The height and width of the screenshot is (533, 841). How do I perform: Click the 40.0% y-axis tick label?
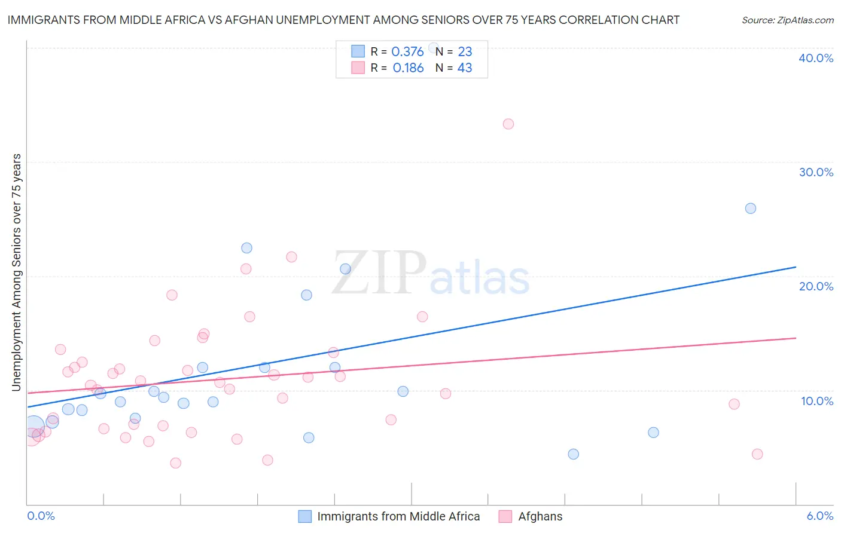tap(816, 58)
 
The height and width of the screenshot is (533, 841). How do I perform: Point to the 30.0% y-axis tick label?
tap(816, 172)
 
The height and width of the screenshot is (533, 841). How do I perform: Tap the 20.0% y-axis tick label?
tap(816, 286)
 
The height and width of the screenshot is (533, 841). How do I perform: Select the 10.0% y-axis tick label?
tap(817, 401)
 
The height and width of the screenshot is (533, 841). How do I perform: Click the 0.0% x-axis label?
tap(41, 516)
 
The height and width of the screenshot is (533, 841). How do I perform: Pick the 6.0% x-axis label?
tap(819, 516)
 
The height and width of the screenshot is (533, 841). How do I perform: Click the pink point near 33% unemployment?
tap(508, 124)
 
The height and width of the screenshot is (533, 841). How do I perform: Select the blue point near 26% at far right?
tap(751, 209)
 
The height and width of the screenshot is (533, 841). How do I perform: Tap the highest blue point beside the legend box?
tap(434, 48)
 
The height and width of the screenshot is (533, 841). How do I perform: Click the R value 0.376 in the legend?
tap(407, 52)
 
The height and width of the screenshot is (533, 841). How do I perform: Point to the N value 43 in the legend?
tap(465, 68)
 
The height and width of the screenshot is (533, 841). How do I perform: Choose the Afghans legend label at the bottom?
tap(540, 516)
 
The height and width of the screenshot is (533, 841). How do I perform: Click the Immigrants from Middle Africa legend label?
tap(398, 516)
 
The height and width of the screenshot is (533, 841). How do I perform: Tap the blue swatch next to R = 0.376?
tap(358, 51)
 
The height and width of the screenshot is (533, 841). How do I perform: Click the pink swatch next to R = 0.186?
tap(358, 68)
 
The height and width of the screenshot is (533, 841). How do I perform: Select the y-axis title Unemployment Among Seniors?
tap(17, 272)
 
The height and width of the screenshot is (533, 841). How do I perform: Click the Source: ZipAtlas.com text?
tap(787, 20)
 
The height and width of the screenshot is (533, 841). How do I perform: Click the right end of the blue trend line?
tap(796, 267)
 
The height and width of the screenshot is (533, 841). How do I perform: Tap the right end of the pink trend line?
tap(796, 338)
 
